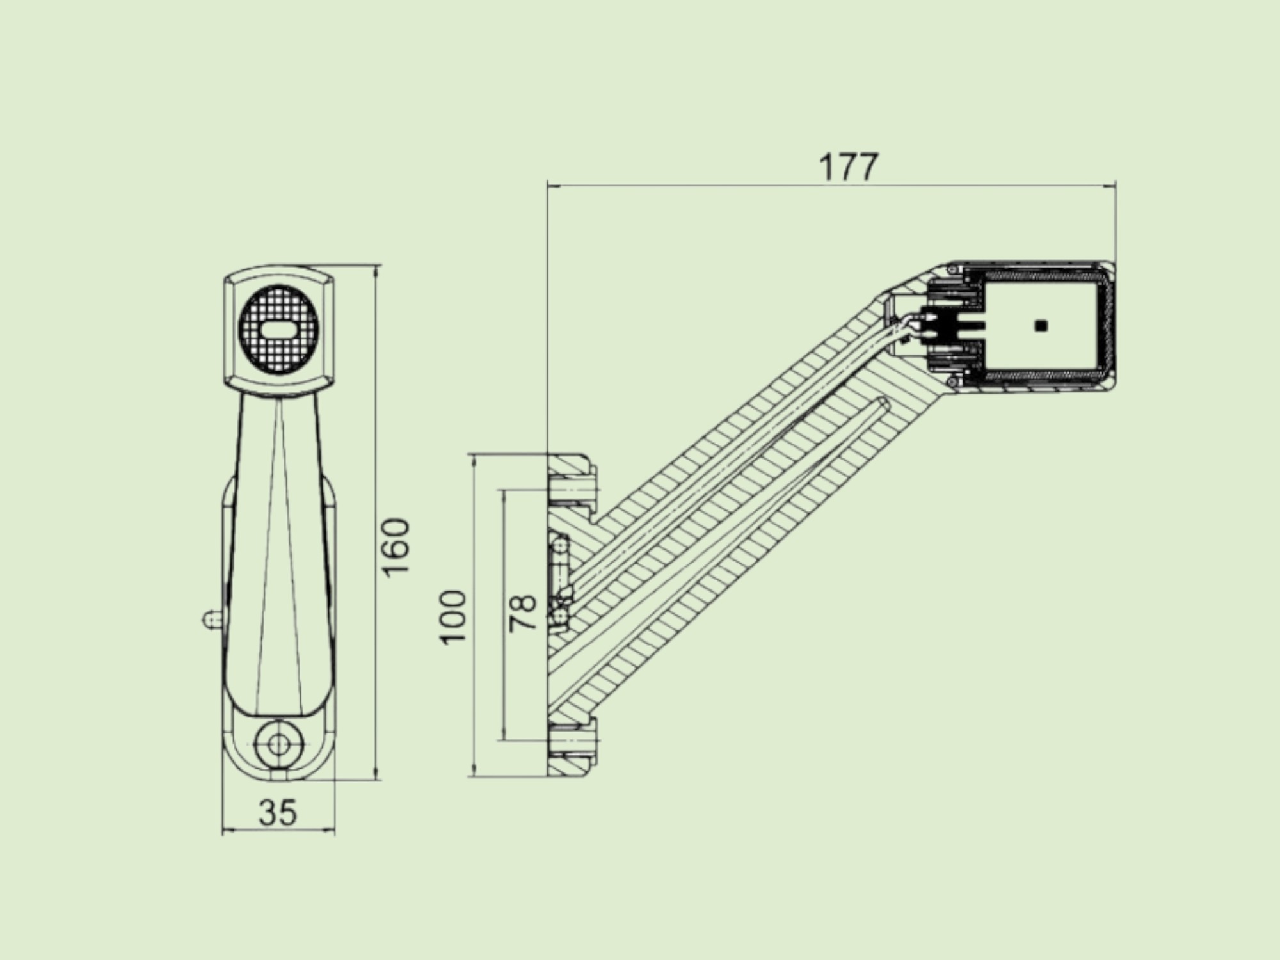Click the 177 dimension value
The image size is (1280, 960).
click(849, 168)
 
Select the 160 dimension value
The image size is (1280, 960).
click(397, 547)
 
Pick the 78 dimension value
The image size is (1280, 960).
click(523, 613)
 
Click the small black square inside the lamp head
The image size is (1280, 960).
click(1041, 326)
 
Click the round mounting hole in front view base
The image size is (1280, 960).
click(278, 743)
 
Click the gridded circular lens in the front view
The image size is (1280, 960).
click(278, 330)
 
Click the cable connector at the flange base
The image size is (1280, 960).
click(559, 582)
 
